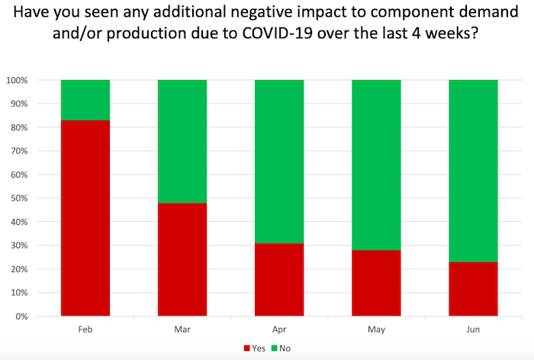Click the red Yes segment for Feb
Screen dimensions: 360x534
pos(85,218)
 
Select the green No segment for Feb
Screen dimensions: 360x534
pos(85,100)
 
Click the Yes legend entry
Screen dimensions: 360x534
pos(255,348)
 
